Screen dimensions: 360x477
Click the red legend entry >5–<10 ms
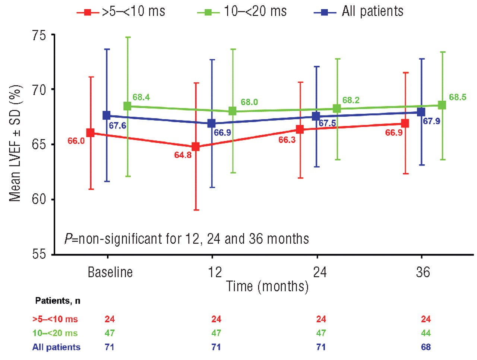(x=121, y=12)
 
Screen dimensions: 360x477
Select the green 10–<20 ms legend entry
(x=242, y=12)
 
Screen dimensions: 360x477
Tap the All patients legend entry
(x=359, y=12)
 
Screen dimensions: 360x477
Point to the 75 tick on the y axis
(x=39, y=35)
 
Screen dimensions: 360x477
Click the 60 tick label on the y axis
(x=39, y=199)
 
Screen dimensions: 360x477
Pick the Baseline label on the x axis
(x=110, y=272)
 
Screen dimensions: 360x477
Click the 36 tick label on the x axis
(x=423, y=272)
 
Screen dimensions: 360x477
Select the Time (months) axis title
(x=267, y=287)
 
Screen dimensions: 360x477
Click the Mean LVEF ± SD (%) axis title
(x=15, y=143)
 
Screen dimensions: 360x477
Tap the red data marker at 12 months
(x=195, y=146)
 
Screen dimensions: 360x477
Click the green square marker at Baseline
(x=127, y=106)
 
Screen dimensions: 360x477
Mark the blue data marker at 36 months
(x=421, y=112)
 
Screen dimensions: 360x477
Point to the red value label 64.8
(x=183, y=155)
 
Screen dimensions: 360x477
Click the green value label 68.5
(x=457, y=97)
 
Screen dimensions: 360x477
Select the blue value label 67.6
(x=117, y=126)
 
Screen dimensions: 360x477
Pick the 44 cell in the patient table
(x=426, y=333)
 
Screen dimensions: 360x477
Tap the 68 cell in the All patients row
(x=426, y=347)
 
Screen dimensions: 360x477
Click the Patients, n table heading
(x=57, y=300)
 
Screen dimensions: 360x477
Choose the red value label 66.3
(x=287, y=140)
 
